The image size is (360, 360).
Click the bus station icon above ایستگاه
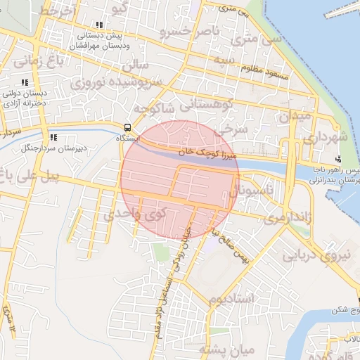click(x=127, y=128)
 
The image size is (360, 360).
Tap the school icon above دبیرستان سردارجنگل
click(x=53, y=136)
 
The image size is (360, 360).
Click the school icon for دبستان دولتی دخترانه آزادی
click(x=25, y=82)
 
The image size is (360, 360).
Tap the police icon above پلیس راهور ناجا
click(x=339, y=159)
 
